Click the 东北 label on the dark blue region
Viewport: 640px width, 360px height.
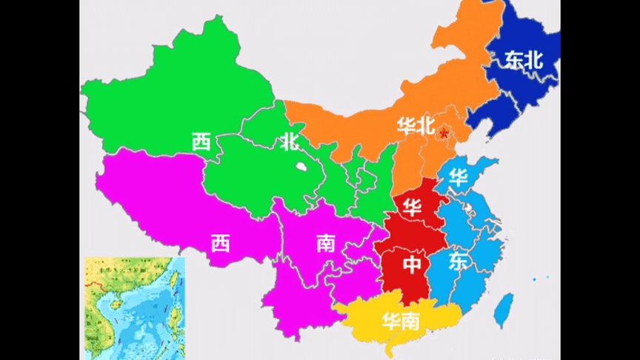524,61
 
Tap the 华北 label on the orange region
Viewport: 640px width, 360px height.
415,127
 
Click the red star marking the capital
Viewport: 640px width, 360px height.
444,133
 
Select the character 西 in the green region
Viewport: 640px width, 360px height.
201,141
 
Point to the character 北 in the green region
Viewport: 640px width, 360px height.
290,141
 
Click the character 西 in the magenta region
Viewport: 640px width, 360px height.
220,243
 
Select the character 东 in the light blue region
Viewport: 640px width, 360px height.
459,261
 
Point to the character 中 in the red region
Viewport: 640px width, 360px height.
412,264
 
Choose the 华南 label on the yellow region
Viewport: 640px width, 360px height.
401,321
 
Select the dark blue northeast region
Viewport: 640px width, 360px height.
511,89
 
